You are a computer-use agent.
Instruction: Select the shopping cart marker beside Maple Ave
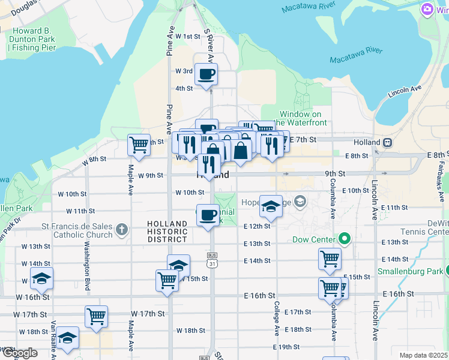[139, 145]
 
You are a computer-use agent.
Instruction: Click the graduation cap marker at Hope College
[271, 207]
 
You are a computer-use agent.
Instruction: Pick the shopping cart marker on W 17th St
[96, 316]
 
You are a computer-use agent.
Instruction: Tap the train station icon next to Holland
[388, 143]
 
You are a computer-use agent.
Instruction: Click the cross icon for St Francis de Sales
[122, 229]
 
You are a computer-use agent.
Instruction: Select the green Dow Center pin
[344, 239]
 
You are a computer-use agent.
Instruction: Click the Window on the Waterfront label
[304, 118]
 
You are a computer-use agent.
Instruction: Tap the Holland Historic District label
[167, 232]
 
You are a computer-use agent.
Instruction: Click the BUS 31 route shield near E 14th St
[211, 263]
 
